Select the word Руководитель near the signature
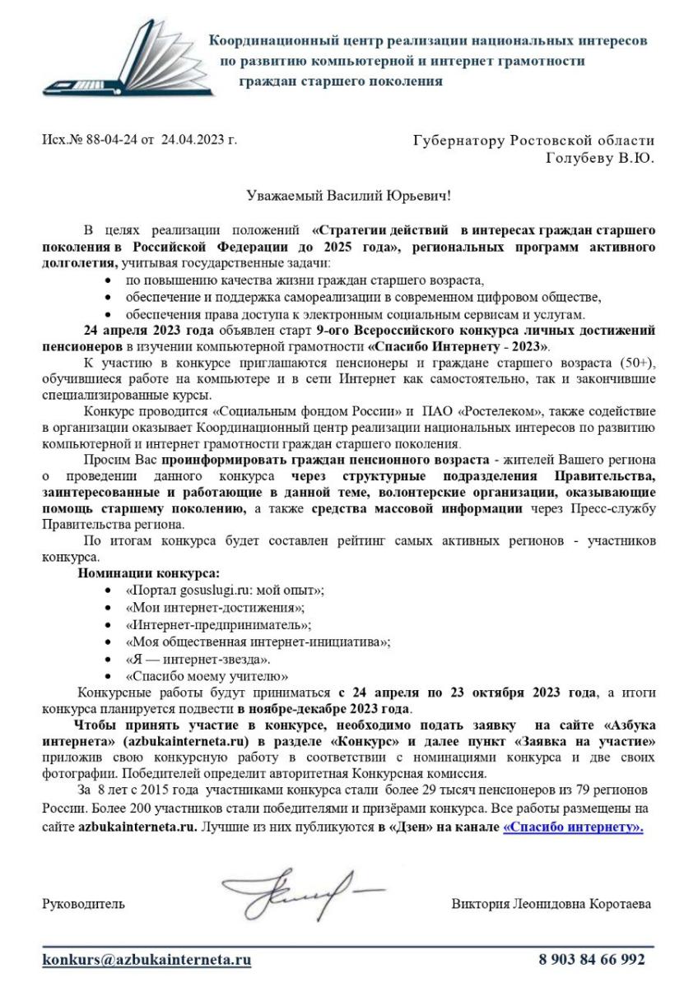[x=84, y=905]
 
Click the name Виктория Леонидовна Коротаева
[x=551, y=905]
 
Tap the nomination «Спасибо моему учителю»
[x=207, y=677]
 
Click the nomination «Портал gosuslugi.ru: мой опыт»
[x=225, y=591]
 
